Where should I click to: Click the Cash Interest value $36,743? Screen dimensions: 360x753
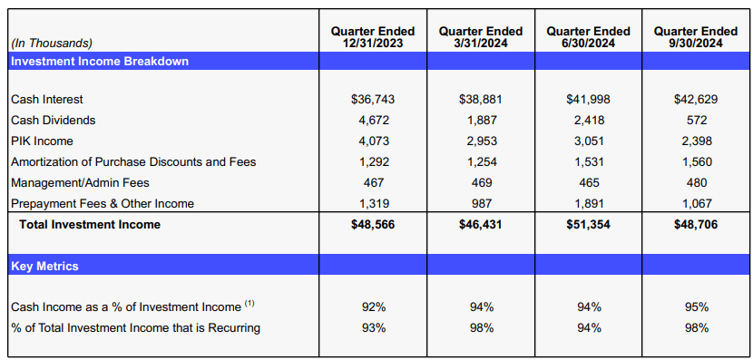[373, 99]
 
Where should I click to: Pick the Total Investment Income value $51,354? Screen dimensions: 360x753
[588, 224]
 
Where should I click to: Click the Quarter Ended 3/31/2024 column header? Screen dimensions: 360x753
[480, 37]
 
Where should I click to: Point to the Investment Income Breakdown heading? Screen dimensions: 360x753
[100, 62]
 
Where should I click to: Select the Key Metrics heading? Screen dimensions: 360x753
[44, 267]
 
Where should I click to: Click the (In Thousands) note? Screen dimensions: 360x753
[52, 43]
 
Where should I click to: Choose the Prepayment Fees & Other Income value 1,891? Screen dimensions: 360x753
[589, 203]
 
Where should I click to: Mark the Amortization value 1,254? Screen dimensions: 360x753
[481, 161]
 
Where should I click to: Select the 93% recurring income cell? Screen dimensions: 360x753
[373, 327]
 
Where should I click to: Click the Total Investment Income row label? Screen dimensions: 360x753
[86, 224]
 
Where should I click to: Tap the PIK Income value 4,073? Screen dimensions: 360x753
[373, 141]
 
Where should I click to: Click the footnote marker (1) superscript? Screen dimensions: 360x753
[249, 304]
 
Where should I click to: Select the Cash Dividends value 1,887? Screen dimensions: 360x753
[481, 120]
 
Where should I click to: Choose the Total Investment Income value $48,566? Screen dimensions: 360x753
[373, 224]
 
